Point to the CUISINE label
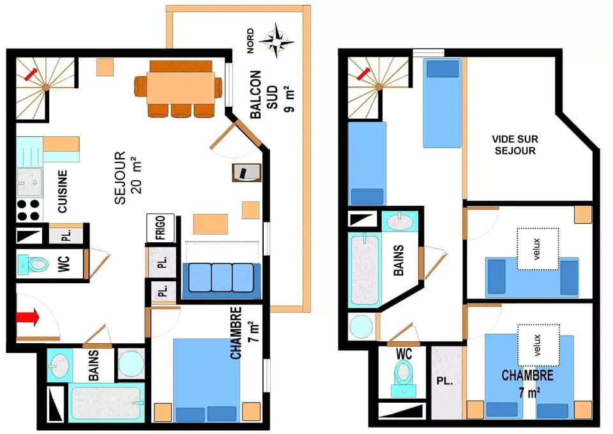[x=63, y=191]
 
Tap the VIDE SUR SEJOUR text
[x=513, y=144]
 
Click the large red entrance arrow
[x=28, y=316]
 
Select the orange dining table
[x=181, y=88]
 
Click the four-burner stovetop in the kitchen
[x=29, y=210]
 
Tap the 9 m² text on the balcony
[x=291, y=99]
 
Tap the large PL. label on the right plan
[x=444, y=382]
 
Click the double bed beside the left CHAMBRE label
[x=206, y=377]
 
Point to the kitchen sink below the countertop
[x=29, y=182]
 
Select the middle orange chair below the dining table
[x=181, y=111]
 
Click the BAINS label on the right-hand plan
[x=399, y=261]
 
